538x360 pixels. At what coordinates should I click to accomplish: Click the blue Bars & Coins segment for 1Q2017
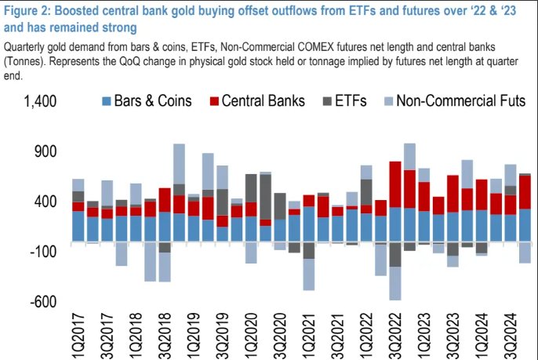point(78,226)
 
